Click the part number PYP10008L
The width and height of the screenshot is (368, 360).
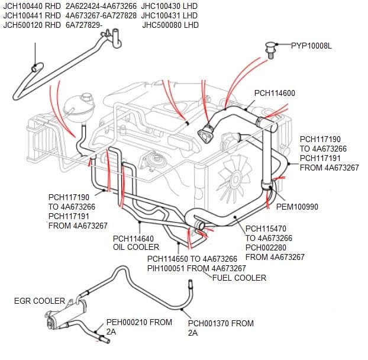tap(311, 45)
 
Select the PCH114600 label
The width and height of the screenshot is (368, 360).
tap(275, 93)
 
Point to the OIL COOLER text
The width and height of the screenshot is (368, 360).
tap(135, 247)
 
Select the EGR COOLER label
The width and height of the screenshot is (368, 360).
tap(40, 301)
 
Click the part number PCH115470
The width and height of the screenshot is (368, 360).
tap(266, 229)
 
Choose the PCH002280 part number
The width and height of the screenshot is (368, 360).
tap(266, 247)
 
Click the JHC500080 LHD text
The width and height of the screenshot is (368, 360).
tap(170, 25)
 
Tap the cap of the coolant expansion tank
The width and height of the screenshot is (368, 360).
tap(87, 95)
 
